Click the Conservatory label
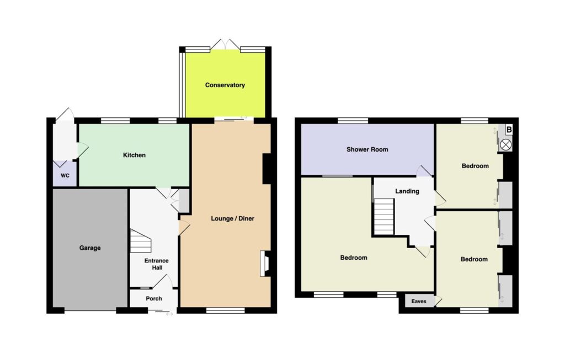point(225,85)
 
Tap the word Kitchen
point(135,155)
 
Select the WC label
point(65,176)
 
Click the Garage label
point(90,248)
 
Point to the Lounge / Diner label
point(232,218)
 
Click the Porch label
point(154,298)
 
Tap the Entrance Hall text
point(156,264)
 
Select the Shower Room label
point(367,149)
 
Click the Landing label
point(407,191)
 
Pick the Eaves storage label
point(419,302)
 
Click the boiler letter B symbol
point(509,130)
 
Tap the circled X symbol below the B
point(505,145)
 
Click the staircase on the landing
point(384,217)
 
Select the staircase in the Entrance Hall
point(140,240)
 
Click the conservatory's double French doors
point(225,44)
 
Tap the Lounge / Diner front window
point(226,310)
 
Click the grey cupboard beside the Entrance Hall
point(184,201)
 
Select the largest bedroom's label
point(354,258)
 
